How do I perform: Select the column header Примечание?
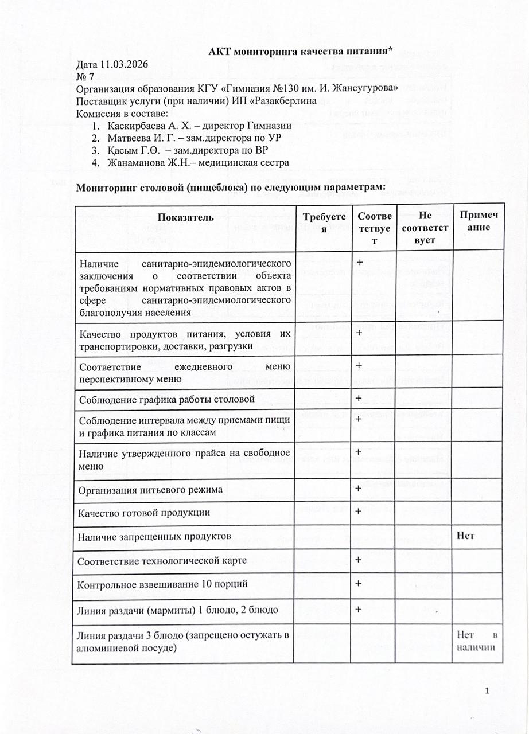click(x=478, y=221)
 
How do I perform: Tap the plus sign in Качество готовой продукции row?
click(x=359, y=511)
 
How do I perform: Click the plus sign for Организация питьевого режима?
click(x=359, y=488)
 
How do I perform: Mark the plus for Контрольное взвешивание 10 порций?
click(x=359, y=583)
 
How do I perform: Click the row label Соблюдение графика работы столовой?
click(x=167, y=399)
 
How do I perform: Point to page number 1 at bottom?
click(x=487, y=692)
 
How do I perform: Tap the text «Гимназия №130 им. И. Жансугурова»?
click(x=310, y=89)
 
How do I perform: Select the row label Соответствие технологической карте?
click(x=163, y=560)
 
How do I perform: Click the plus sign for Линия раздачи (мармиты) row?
click(x=359, y=609)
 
